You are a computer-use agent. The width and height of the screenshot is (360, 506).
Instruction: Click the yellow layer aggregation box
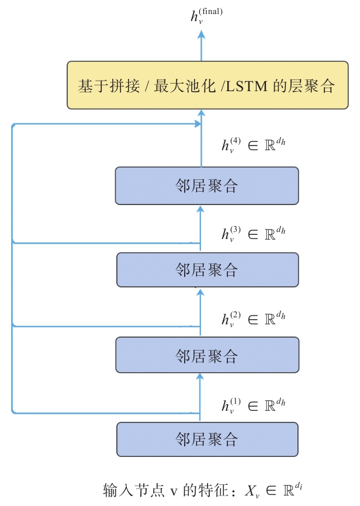coord(201,85)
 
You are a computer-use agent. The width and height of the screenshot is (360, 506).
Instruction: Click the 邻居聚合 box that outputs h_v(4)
coord(207,186)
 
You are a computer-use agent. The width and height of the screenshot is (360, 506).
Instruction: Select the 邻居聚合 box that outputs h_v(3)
coord(207,270)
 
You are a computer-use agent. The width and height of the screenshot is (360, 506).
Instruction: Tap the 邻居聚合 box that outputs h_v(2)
coord(207,355)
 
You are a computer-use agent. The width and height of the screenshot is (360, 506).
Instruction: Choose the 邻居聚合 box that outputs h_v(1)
coord(207,439)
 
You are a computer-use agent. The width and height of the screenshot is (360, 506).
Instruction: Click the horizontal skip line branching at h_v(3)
coord(105,242)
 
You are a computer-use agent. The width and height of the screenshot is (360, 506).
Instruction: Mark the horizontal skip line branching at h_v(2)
coord(105,326)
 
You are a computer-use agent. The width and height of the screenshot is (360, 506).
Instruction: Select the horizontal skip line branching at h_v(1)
coord(105,413)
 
